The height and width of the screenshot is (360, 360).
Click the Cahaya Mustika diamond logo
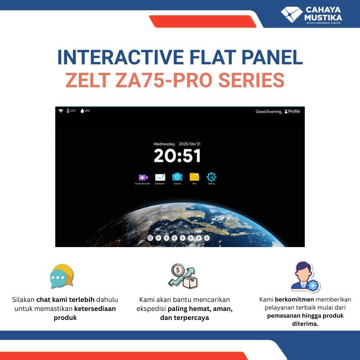coord(292,13)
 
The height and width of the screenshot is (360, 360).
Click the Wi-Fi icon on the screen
coord(60,111)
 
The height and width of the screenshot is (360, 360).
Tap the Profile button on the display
coord(292,111)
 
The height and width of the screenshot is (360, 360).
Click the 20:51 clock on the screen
coord(177,156)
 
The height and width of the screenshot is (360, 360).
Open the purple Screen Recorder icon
coord(143,177)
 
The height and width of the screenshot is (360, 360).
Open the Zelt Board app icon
coord(160,177)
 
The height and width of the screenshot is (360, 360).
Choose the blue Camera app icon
coord(177,177)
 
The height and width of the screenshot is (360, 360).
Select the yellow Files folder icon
coord(194,177)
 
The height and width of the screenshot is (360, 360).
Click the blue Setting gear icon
coord(211,177)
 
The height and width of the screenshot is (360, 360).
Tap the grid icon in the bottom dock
coord(150,238)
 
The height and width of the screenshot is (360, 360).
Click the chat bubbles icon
coord(62,276)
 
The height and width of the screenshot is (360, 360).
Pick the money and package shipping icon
coord(183,276)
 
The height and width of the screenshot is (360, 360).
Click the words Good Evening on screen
coord(269,112)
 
